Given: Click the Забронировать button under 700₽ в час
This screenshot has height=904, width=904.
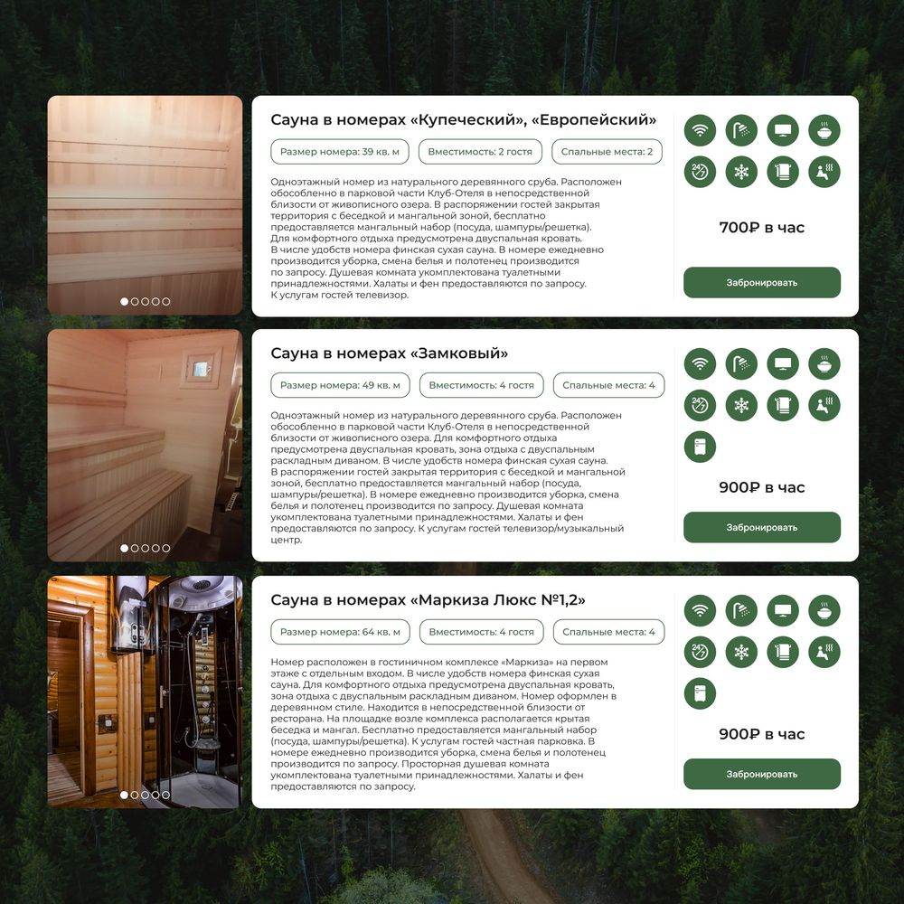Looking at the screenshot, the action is click(761, 282).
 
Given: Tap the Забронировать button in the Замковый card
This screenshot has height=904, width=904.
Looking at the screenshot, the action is click(761, 527).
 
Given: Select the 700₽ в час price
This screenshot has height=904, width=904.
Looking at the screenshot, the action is click(761, 228).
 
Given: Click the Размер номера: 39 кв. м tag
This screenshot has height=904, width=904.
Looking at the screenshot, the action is click(340, 152).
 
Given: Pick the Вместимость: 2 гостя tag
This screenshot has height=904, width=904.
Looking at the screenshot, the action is click(480, 152).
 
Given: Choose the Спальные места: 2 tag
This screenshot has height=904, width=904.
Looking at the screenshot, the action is click(607, 152).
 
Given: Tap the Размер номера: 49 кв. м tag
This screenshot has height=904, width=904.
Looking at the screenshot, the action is click(340, 385).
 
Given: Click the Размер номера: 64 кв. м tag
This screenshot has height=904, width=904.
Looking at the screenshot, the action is click(340, 632).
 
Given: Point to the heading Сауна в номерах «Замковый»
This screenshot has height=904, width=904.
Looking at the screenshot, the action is click(389, 353).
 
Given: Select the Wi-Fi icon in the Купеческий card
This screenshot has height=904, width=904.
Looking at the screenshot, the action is click(700, 130).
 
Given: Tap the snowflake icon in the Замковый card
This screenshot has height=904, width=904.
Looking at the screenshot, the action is click(741, 405).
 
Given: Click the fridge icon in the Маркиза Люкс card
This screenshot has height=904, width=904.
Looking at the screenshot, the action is click(700, 693).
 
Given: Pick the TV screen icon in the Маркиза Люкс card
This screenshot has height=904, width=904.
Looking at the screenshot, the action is click(783, 610).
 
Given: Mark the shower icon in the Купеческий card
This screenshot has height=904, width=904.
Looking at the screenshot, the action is click(741, 130).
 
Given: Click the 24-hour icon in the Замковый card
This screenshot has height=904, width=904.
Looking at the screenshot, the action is click(700, 405).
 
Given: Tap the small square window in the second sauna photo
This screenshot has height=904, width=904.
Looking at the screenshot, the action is click(201, 369).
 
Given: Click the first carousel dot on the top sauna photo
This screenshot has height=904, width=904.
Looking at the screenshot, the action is click(124, 302).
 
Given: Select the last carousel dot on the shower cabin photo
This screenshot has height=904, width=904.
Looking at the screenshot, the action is click(166, 795).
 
